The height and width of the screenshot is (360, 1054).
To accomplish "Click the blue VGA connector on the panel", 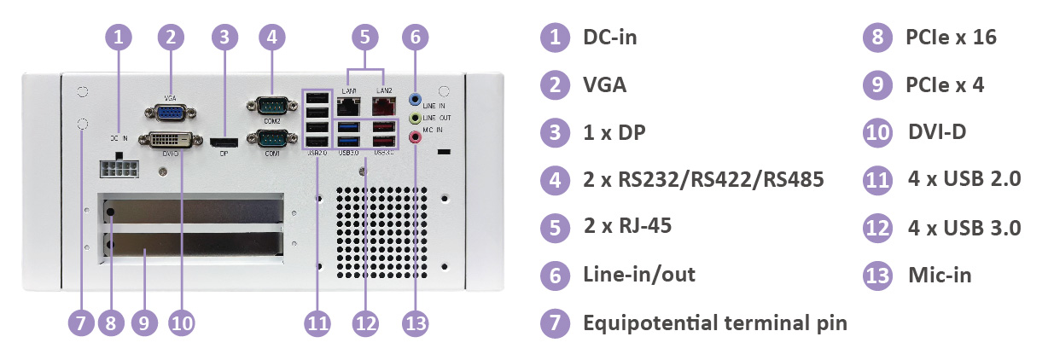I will pyautogui.click(x=174, y=114).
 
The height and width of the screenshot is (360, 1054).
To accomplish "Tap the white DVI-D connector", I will pyautogui.click(x=177, y=141).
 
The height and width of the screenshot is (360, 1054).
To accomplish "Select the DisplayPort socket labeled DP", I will pyautogui.click(x=224, y=142).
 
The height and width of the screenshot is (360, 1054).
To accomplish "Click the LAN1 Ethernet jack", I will pyautogui.click(x=349, y=106).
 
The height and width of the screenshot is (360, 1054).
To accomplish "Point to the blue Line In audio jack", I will pyautogui.click(x=416, y=98).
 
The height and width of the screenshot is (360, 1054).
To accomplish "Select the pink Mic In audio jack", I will pyautogui.click(x=416, y=134).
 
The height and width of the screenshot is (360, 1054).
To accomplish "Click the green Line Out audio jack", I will pyautogui.click(x=416, y=116).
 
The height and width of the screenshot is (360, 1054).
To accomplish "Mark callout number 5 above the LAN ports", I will pyautogui.click(x=365, y=37).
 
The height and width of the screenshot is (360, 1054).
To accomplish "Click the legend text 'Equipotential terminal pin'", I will pyautogui.click(x=714, y=322).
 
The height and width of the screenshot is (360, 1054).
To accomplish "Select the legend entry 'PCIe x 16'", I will pyautogui.click(x=951, y=38).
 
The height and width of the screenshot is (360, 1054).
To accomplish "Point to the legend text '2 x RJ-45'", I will pyautogui.click(x=626, y=227).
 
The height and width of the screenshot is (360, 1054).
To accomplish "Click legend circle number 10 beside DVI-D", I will pyautogui.click(x=877, y=132).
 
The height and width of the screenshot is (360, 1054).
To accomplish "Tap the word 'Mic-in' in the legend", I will pyautogui.click(x=938, y=275).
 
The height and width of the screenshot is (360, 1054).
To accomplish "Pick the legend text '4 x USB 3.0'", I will pyautogui.click(x=964, y=227).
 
